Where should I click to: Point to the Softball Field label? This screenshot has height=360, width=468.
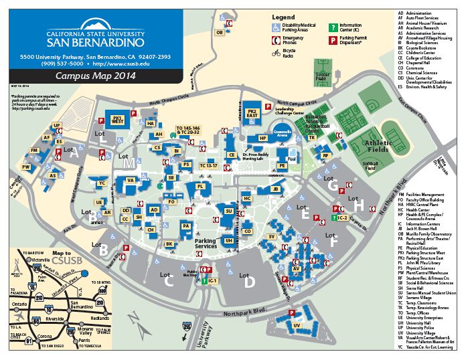(x=370, y=165)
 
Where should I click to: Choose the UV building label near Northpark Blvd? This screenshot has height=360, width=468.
(x=296, y=326)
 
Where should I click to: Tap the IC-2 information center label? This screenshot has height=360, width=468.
(x=341, y=217)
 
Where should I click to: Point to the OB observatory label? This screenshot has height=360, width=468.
(x=219, y=32)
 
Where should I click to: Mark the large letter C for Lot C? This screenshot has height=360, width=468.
(x=168, y=281)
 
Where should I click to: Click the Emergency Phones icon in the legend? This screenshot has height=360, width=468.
(x=277, y=39)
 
